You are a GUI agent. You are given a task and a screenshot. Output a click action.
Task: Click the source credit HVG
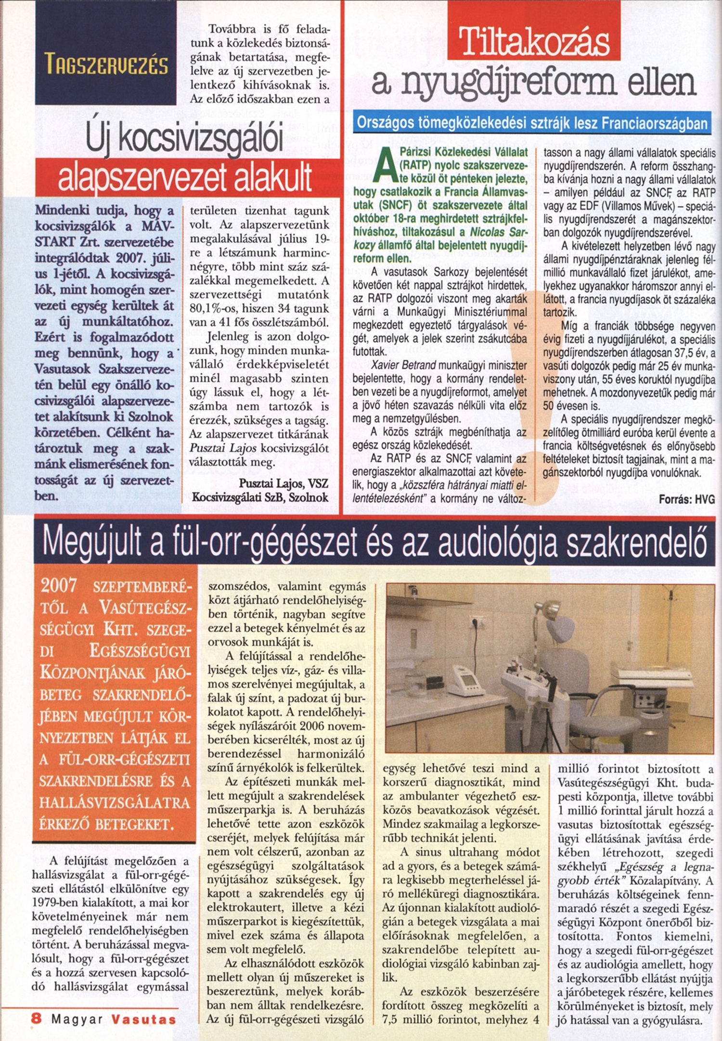pyautogui.click(x=705, y=499)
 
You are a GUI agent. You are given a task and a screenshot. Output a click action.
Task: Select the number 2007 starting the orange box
pyautogui.click(x=59, y=586)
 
